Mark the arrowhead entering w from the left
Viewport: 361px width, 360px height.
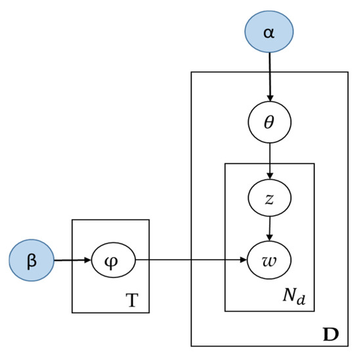tap(244, 262)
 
